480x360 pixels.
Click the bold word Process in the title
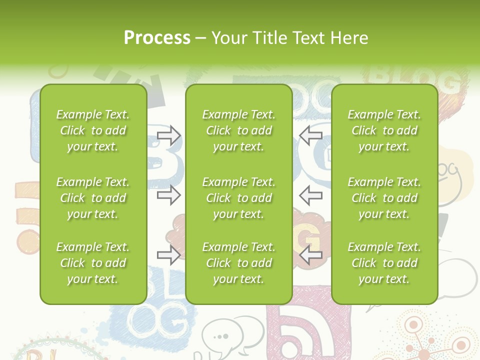pos(157,38)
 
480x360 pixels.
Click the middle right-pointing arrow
pos(168,195)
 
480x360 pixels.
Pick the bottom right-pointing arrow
pos(168,255)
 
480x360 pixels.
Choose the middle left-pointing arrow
pos(310,195)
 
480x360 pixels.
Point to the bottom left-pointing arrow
pos(310,255)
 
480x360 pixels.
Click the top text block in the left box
pos(93,130)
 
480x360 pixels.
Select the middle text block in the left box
pos(93,198)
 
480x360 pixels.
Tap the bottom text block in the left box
pos(93,263)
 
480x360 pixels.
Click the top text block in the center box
pos(238,130)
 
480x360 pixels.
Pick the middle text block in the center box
pos(238,198)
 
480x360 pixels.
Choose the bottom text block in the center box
pos(238,263)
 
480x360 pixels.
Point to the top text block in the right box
pos(384,130)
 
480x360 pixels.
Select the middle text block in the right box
pos(384,198)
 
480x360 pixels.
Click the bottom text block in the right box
pos(384,263)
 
